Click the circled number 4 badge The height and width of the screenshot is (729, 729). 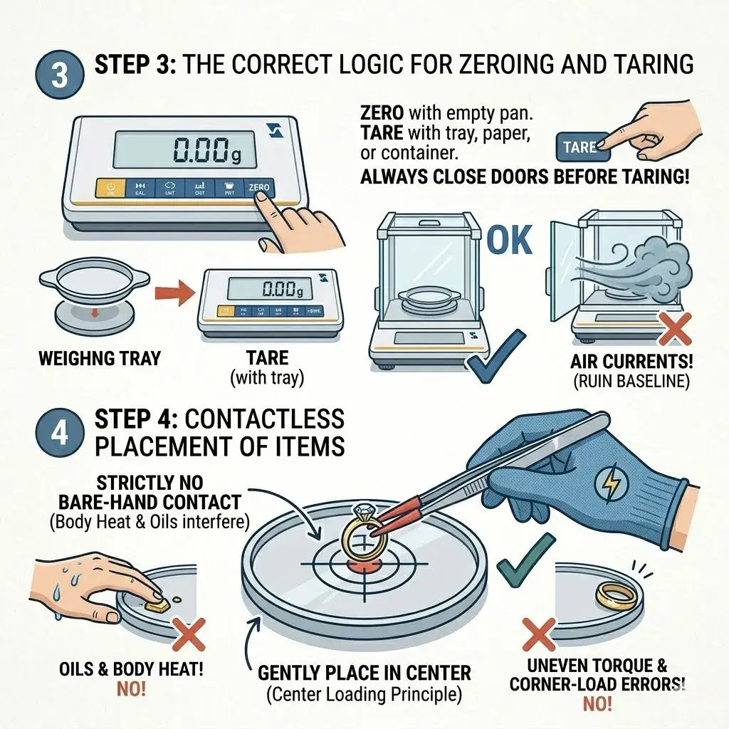(x=60, y=431)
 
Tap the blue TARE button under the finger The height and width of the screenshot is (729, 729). (x=580, y=147)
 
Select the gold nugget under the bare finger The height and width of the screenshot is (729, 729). (x=157, y=604)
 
